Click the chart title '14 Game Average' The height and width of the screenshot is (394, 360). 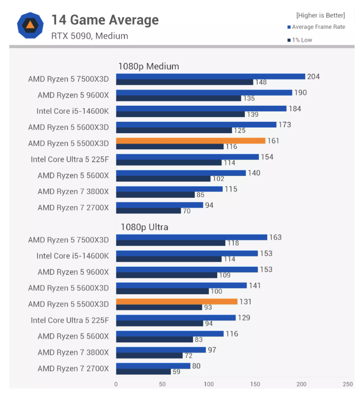point(105,20)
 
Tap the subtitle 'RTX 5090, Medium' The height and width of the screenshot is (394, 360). point(90,36)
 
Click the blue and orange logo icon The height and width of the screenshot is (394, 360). point(30,26)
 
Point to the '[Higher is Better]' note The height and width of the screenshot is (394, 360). point(320,15)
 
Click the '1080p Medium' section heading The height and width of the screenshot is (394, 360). point(148,66)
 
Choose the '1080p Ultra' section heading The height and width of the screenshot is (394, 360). point(144,227)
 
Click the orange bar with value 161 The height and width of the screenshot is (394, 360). point(190,140)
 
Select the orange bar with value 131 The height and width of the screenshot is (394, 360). point(177,302)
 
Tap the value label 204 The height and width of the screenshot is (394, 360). point(313,77)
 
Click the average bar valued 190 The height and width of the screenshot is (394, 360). point(204,92)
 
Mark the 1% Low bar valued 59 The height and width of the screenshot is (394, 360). point(143,371)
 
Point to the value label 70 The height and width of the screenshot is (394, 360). point(187,211)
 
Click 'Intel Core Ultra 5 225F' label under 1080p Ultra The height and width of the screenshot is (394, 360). point(70,320)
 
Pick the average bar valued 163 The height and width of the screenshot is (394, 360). point(191,237)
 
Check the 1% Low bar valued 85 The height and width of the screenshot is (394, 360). point(155,195)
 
